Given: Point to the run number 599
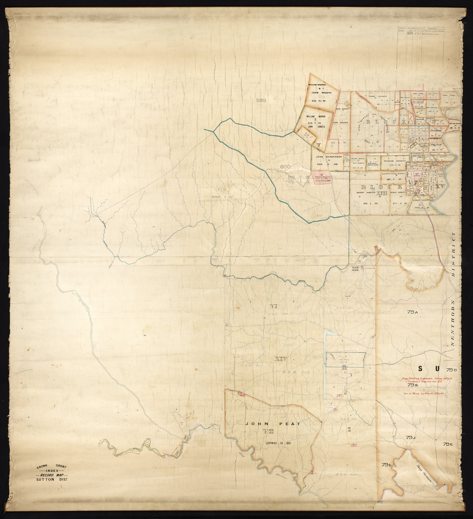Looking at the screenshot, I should [x=261, y=100].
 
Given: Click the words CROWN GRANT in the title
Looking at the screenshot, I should [x=52, y=467].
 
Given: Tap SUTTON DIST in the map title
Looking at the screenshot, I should [x=52, y=480].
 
